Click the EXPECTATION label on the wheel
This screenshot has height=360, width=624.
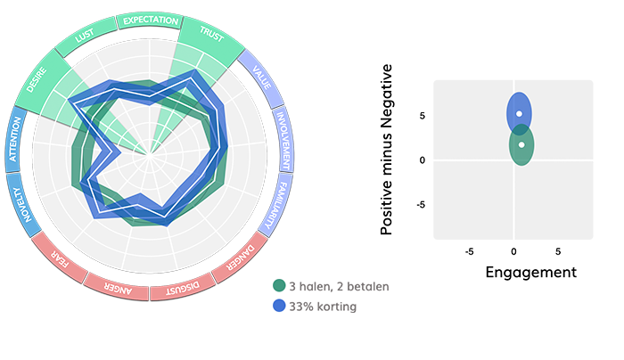click(151, 20)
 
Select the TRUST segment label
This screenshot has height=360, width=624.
click(211, 36)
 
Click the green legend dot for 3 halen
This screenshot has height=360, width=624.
click(279, 286)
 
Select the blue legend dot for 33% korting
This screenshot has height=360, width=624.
click(279, 306)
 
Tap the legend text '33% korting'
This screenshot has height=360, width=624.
click(322, 306)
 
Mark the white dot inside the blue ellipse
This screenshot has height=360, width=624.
click(519, 114)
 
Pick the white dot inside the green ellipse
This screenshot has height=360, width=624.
click(521, 144)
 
